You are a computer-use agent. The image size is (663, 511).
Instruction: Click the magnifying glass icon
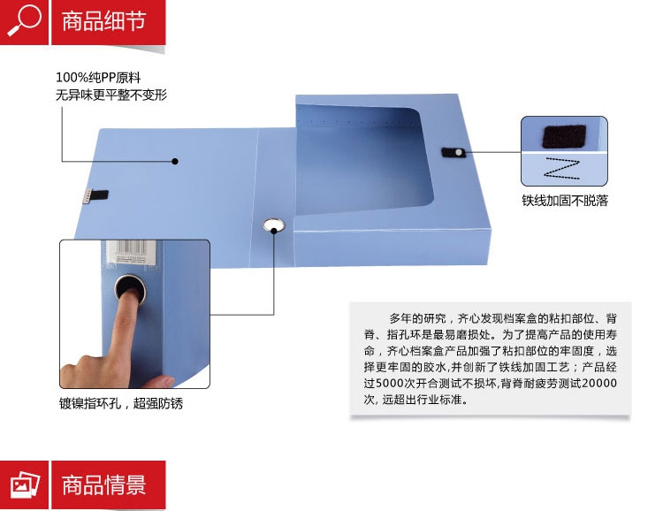(24, 20)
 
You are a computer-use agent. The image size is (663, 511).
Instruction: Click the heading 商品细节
(104, 21)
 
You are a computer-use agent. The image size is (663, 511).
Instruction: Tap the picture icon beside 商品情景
(25, 484)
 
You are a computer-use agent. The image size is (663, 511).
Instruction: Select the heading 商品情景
(104, 484)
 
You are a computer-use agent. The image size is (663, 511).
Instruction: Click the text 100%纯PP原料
(98, 78)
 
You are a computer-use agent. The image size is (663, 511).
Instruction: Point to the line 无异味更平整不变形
(111, 95)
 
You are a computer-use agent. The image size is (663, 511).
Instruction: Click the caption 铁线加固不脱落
(565, 200)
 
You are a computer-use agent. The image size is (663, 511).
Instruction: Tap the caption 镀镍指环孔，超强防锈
(121, 403)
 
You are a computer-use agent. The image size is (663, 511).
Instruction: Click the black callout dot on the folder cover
(175, 161)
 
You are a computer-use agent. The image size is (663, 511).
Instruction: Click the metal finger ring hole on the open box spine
(274, 225)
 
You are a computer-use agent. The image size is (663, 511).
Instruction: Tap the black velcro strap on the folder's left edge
(100, 195)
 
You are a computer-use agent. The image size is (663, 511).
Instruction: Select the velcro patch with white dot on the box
(453, 152)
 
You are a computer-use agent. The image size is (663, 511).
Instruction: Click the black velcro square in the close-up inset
(564, 136)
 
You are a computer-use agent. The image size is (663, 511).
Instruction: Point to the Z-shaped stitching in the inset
(562, 168)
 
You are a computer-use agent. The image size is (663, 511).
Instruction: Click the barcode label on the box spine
(131, 252)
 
